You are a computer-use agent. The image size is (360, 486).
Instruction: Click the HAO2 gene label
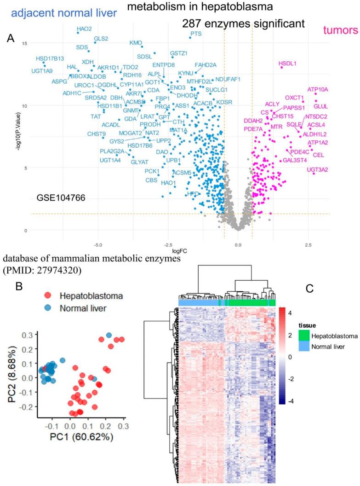(x=84, y=29)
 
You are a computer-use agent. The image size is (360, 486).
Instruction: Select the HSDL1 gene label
(x=288, y=63)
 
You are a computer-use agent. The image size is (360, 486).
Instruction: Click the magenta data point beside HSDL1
(x=281, y=68)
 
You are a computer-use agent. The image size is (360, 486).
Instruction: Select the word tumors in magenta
(x=340, y=30)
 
